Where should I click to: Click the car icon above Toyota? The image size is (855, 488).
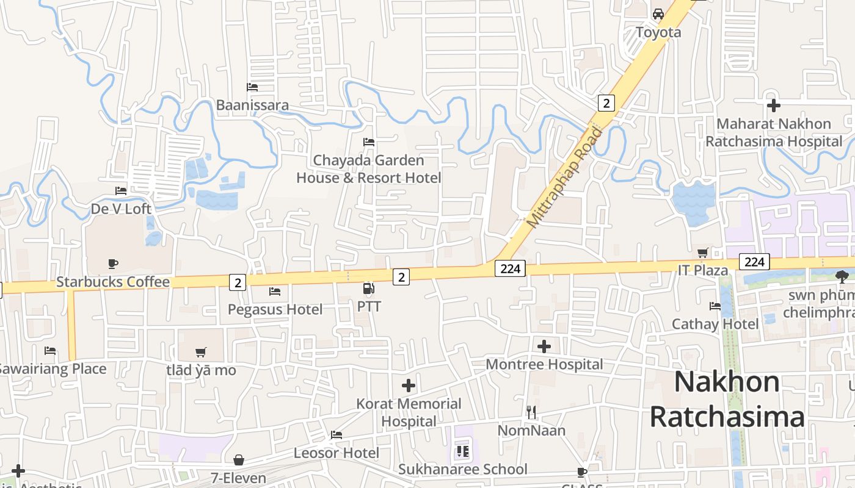(658, 13)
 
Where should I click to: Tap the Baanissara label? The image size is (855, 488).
(252, 105)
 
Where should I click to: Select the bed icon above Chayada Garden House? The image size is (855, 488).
(368, 142)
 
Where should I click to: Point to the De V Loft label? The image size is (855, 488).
(121, 209)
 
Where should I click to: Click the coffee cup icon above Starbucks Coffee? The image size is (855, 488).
(113, 264)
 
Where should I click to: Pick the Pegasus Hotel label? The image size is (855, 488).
(275, 309)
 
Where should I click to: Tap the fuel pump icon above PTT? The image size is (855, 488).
(368, 289)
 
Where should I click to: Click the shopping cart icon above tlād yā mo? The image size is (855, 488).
(200, 352)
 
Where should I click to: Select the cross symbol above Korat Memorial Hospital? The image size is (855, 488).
(409, 386)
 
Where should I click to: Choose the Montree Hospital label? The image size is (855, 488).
(544, 364)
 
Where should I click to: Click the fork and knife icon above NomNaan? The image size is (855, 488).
(531, 412)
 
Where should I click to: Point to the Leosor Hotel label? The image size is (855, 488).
(337, 453)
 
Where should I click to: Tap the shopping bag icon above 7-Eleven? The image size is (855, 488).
(239, 459)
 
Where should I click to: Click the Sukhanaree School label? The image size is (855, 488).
(462, 469)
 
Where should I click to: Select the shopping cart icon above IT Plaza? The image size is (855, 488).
(703, 252)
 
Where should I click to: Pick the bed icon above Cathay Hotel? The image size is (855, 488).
(715, 306)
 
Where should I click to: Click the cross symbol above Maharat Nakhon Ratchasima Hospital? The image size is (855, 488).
(774, 106)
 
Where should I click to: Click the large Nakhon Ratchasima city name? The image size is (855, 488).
(727, 400)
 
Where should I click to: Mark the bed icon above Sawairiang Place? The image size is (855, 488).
(50, 351)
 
